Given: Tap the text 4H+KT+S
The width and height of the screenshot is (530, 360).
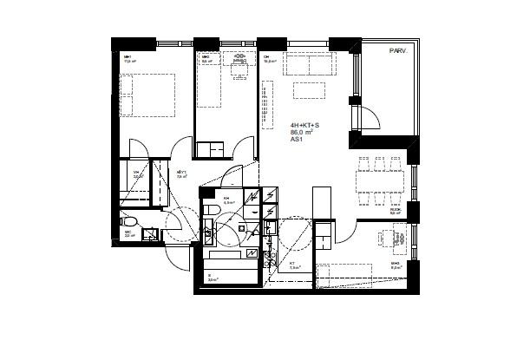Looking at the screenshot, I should (305, 125).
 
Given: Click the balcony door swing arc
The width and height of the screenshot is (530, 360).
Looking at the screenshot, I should (370, 117).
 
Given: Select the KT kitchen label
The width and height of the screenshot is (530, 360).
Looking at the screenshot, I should (292, 263).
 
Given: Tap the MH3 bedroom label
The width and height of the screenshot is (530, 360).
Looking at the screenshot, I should (395, 264).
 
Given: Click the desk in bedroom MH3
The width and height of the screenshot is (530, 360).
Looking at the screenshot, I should (400, 237).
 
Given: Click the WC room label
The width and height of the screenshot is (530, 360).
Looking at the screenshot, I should (128, 232).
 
